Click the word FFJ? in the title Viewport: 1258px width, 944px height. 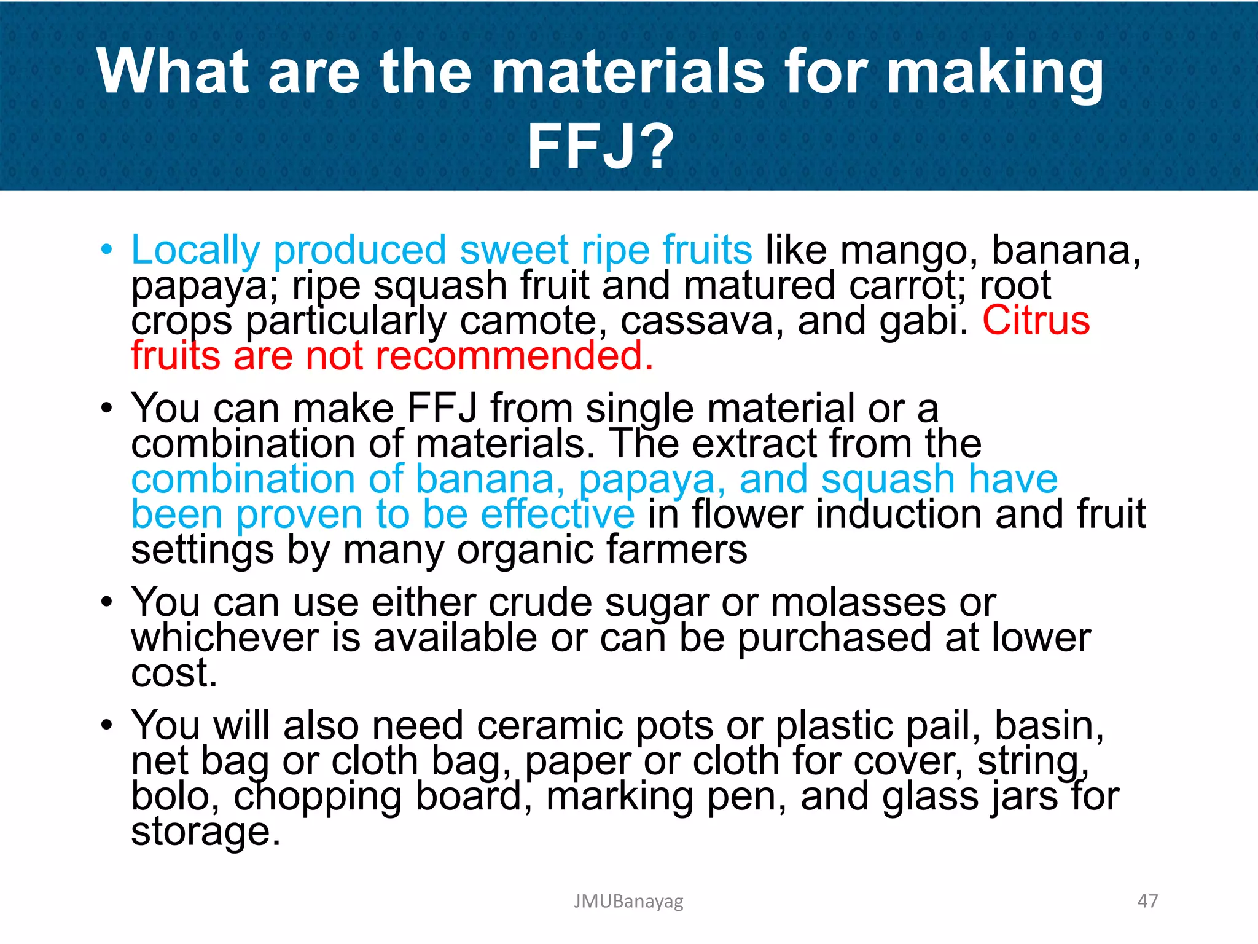point(601,146)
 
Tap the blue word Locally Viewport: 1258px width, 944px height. point(195,252)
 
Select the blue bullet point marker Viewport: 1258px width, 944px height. point(107,250)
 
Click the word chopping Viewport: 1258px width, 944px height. point(317,798)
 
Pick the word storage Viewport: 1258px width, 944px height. point(205,832)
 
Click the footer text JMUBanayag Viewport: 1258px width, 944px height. point(628,901)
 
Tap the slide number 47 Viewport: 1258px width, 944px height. point(1147,901)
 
